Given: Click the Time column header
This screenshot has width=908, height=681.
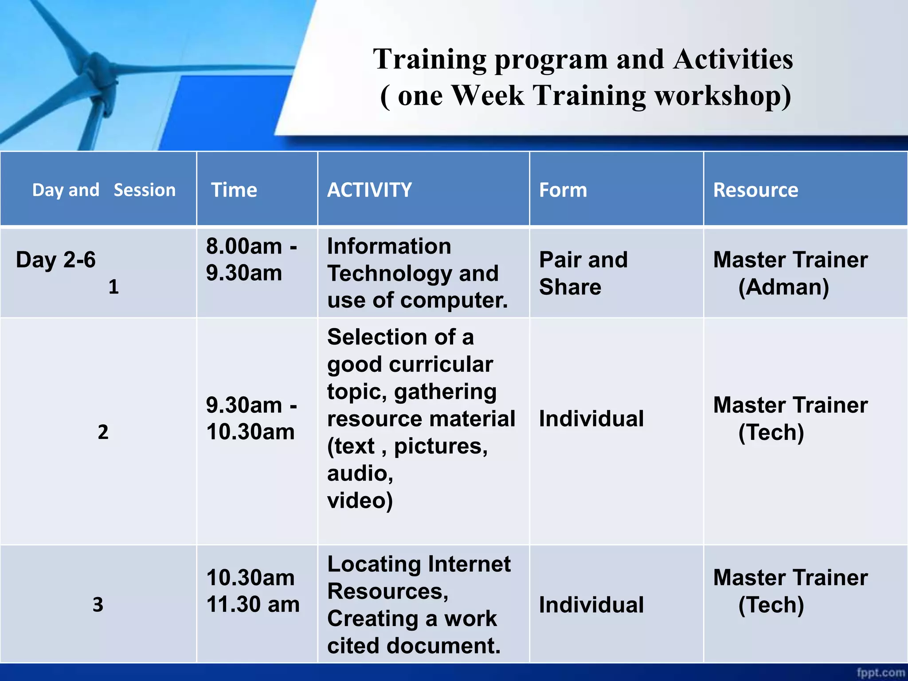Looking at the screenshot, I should coord(234,190).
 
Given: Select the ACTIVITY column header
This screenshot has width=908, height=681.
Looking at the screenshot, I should coord(369,190).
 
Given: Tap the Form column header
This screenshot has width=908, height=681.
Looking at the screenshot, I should coord(563,190).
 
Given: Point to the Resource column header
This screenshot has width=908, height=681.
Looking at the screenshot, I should coord(755,190).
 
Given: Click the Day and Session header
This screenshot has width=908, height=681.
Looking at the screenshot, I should coord(104,190).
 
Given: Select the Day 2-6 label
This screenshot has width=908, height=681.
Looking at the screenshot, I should coord(55,260).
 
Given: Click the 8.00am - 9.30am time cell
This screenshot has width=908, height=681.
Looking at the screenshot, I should coord(251,259).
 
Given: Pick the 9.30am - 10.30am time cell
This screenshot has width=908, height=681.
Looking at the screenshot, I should coord(251,419).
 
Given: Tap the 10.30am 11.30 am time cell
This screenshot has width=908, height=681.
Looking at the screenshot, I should coord(253,591).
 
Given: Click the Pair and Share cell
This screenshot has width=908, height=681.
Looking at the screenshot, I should coord(583,273).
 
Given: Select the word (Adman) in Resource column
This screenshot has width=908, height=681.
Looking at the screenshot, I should coord(783,287).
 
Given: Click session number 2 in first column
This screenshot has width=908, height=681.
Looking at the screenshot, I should coord(103,432).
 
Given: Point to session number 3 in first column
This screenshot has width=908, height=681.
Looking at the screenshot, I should coord(98,605).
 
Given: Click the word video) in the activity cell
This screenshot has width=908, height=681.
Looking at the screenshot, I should coord(360,501).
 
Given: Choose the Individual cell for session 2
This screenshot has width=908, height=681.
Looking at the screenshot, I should coord(591,419).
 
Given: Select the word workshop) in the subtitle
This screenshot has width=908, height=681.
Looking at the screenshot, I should coord(723,95).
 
